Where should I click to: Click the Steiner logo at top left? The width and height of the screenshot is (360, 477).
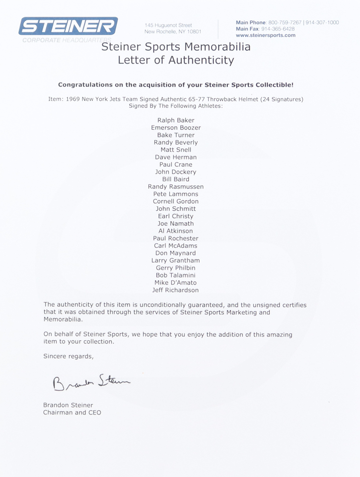[68, 27]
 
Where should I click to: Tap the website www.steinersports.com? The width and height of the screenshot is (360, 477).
[266, 35]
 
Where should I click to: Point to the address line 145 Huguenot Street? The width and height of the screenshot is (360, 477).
[168, 25]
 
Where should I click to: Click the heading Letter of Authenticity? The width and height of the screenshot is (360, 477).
[176, 60]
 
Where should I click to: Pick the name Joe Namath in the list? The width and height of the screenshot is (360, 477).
[175, 223]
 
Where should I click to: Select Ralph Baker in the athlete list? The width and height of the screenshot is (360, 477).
[175, 120]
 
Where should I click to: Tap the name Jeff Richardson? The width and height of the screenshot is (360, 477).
[175, 290]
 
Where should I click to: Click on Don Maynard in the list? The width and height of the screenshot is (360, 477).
[175, 253]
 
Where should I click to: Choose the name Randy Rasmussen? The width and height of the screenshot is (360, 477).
[175, 187]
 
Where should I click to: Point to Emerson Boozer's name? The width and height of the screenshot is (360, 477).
[175, 128]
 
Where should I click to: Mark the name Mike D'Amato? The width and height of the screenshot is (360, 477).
[175, 282]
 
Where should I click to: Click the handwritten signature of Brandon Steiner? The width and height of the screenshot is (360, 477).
[90, 380]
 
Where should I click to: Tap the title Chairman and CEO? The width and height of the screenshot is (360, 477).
[72, 413]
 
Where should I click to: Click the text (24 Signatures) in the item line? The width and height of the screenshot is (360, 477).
[279, 99]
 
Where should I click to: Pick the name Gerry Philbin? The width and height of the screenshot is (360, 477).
[175, 268]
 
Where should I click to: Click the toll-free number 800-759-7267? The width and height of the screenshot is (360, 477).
[285, 22]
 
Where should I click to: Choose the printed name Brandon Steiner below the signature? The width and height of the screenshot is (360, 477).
[68, 405]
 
